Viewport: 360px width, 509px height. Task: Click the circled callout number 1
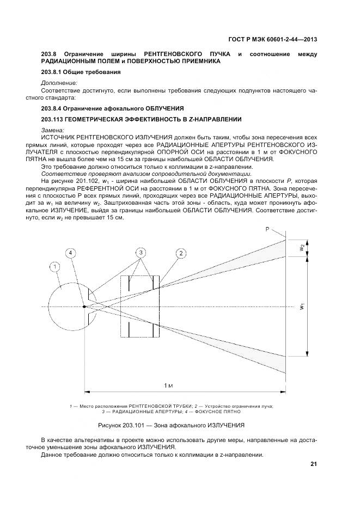(x=54, y=267)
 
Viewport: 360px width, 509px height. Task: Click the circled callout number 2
(x=180, y=253)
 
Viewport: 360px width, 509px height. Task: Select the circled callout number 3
(x=141, y=253)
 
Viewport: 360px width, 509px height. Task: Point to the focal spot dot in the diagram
(x=84, y=306)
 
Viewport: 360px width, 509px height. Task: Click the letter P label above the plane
(x=267, y=230)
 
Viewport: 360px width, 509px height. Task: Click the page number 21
(x=314, y=464)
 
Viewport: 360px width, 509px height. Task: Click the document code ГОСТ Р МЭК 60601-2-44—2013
(x=271, y=39)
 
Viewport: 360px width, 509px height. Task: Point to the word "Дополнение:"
(x=59, y=83)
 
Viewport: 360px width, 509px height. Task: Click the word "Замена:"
(x=53, y=130)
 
